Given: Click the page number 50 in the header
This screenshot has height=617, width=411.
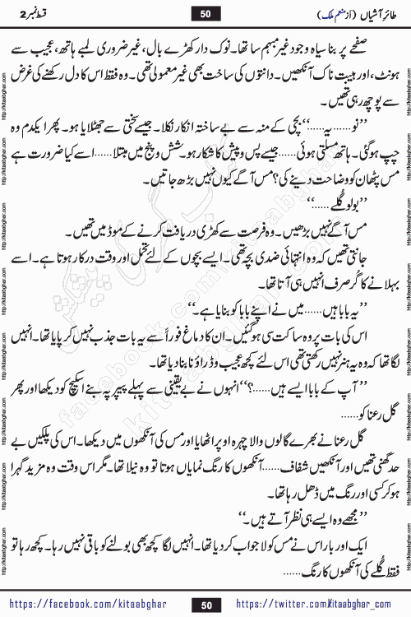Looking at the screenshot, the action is (x=205, y=12).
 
